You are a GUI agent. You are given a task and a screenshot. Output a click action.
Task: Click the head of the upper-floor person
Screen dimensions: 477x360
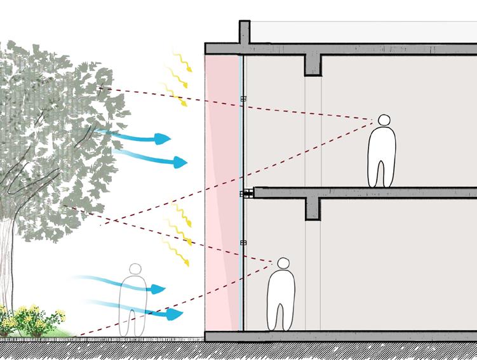(x=384, y=120)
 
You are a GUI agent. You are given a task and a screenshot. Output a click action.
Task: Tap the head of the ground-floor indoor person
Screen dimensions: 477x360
(x=283, y=263)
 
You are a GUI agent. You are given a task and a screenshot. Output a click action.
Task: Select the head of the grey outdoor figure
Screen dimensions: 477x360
(x=134, y=269)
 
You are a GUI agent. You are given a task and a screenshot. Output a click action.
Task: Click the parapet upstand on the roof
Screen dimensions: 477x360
(x=244, y=32)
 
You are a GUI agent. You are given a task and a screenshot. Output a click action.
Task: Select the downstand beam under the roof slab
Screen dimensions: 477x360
(x=312, y=64)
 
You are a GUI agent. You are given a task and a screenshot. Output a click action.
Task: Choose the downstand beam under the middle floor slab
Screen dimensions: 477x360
(x=312, y=208)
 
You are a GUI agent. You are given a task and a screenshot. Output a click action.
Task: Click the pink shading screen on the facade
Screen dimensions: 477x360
(x=221, y=190)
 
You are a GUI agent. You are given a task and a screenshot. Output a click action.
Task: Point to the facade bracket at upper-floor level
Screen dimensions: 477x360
(x=243, y=98)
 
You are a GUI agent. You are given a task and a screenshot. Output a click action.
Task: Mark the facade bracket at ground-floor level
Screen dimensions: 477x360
(x=243, y=243)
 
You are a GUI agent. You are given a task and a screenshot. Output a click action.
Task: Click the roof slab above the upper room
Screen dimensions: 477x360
(x=381, y=48)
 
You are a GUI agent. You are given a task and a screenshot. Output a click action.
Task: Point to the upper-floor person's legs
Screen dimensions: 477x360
(x=381, y=173)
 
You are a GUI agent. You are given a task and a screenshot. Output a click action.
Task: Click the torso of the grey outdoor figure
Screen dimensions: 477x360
(x=133, y=293)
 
